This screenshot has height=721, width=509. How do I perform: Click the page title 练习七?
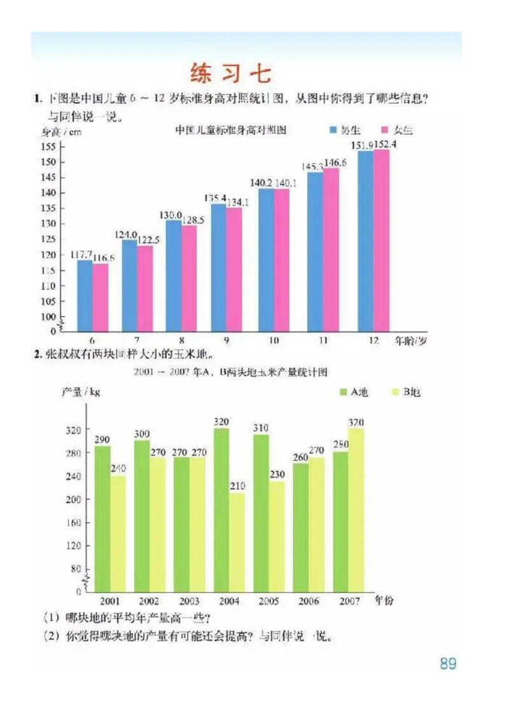[x=230, y=73]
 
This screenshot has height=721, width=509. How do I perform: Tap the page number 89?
[x=448, y=663]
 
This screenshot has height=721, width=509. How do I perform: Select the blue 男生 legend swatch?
[x=333, y=130]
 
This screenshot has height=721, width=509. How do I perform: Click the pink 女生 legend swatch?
[x=384, y=130]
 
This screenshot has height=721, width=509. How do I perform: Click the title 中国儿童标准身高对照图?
[x=231, y=130]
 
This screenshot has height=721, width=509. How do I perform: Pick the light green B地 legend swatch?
[x=394, y=392]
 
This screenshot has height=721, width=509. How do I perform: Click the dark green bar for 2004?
[x=221, y=510]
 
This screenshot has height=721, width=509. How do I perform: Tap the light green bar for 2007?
[x=356, y=510]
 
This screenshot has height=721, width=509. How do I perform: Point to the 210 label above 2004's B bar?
[x=237, y=487]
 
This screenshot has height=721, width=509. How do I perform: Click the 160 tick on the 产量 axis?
[x=74, y=523]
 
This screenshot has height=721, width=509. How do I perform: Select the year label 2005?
[x=269, y=601]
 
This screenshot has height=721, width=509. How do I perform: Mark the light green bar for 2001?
[x=118, y=534]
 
